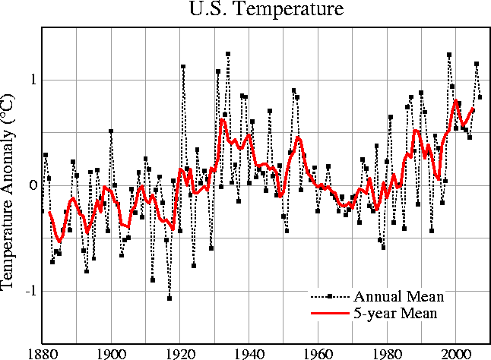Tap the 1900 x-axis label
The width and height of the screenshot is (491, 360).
[111, 352]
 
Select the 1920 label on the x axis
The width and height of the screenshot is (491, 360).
[180, 352]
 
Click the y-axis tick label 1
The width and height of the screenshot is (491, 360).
[33, 80]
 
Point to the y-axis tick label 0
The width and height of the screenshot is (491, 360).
[33, 185]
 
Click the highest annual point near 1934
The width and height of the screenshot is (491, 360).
[228, 54]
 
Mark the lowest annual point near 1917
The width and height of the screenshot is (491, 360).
[169, 298]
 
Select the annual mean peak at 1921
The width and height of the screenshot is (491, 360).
[183, 67]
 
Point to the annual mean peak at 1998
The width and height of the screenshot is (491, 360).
[449, 55]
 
